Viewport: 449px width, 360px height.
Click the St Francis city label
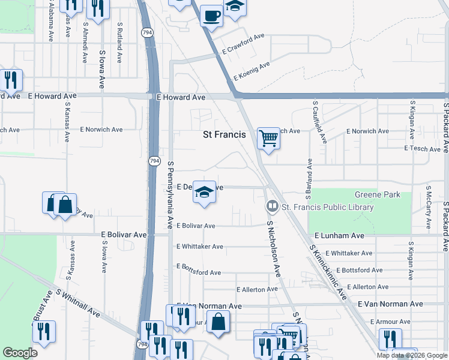pos(224,135)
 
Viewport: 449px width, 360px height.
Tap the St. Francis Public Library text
pos(328,208)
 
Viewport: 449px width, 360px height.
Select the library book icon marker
pos(272,207)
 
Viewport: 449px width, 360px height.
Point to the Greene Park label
pos(377,195)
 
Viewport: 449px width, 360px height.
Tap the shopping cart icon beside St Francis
pos(268,139)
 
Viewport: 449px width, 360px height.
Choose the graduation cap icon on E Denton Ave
pos(205,193)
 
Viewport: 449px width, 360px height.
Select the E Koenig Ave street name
pos(252,70)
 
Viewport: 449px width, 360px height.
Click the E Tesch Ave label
pos(424,148)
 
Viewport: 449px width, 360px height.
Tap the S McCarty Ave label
pos(428,207)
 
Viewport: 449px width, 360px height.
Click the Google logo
pos(20,353)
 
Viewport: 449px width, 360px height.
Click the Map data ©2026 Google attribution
pos(412,355)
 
